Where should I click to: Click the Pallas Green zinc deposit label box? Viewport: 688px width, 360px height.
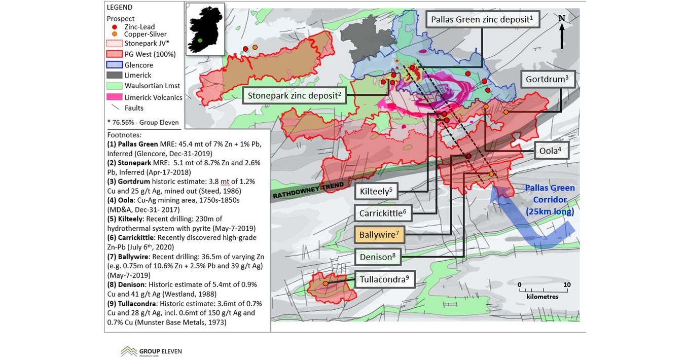[481, 20]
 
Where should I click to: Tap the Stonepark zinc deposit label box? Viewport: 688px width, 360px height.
[294, 95]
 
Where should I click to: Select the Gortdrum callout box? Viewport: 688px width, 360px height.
[550, 80]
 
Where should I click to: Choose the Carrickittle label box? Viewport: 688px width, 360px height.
[383, 213]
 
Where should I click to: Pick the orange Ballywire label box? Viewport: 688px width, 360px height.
[379, 235]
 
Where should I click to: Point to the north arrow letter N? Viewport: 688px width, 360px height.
[561, 19]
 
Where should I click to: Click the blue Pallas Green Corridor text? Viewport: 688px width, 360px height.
[550, 200]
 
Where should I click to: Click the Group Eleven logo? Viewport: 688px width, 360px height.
[151, 351]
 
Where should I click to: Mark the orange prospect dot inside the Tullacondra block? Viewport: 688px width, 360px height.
[325, 283]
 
